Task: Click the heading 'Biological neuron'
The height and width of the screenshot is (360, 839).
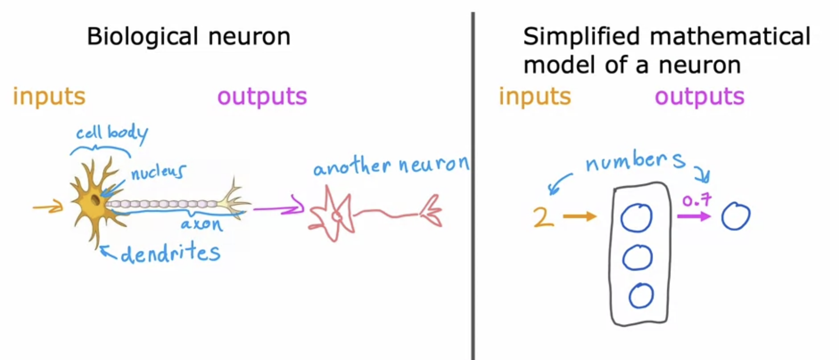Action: [188, 36]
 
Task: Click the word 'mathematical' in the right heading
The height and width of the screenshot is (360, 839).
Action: [730, 36]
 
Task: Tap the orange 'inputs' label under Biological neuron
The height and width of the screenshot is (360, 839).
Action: [49, 96]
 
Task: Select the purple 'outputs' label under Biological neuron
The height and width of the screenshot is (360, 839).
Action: [262, 96]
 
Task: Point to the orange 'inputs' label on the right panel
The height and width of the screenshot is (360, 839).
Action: [534, 96]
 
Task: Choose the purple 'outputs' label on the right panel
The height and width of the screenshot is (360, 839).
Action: [699, 96]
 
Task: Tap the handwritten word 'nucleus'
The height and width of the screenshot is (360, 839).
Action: [158, 172]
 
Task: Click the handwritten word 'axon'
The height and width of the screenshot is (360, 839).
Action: [201, 224]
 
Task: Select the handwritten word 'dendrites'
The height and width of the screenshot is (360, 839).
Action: [170, 253]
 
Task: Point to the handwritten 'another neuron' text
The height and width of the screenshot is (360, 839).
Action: [391, 165]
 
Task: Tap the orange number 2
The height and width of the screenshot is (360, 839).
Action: [544, 217]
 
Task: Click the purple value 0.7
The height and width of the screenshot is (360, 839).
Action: [696, 200]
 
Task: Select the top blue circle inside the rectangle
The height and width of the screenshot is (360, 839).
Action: [636, 218]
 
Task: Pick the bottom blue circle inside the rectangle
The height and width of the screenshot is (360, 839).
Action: [641, 296]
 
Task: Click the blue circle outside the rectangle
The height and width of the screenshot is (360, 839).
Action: [735, 216]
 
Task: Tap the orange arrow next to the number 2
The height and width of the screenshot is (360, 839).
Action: [579, 216]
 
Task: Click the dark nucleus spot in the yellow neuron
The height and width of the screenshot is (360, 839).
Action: [95, 200]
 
